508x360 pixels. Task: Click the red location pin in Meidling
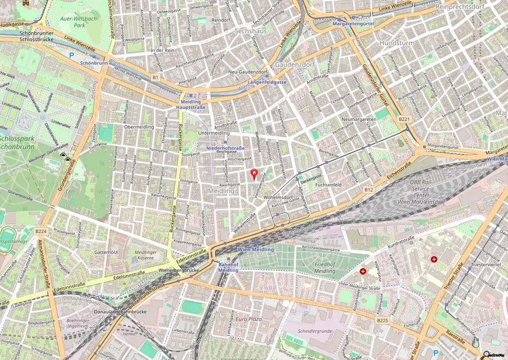tap(255, 174)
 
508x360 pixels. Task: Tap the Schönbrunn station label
tap(94, 64)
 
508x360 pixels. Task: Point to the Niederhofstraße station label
tap(223, 148)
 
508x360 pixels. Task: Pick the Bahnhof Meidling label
tap(229, 267)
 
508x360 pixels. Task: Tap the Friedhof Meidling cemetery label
tap(325, 268)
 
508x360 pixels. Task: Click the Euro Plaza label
tap(249, 319)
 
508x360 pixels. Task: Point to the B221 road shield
tap(404, 119)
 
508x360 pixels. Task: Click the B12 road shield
tap(368, 189)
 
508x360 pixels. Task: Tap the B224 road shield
tap(42, 231)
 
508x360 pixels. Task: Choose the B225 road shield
tap(382, 321)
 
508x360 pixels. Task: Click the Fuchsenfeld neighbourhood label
tap(328, 185)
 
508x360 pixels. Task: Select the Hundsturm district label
tap(396, 43)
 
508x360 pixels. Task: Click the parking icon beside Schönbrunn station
tap(71, 56)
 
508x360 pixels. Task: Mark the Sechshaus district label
tap(251, 31)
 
